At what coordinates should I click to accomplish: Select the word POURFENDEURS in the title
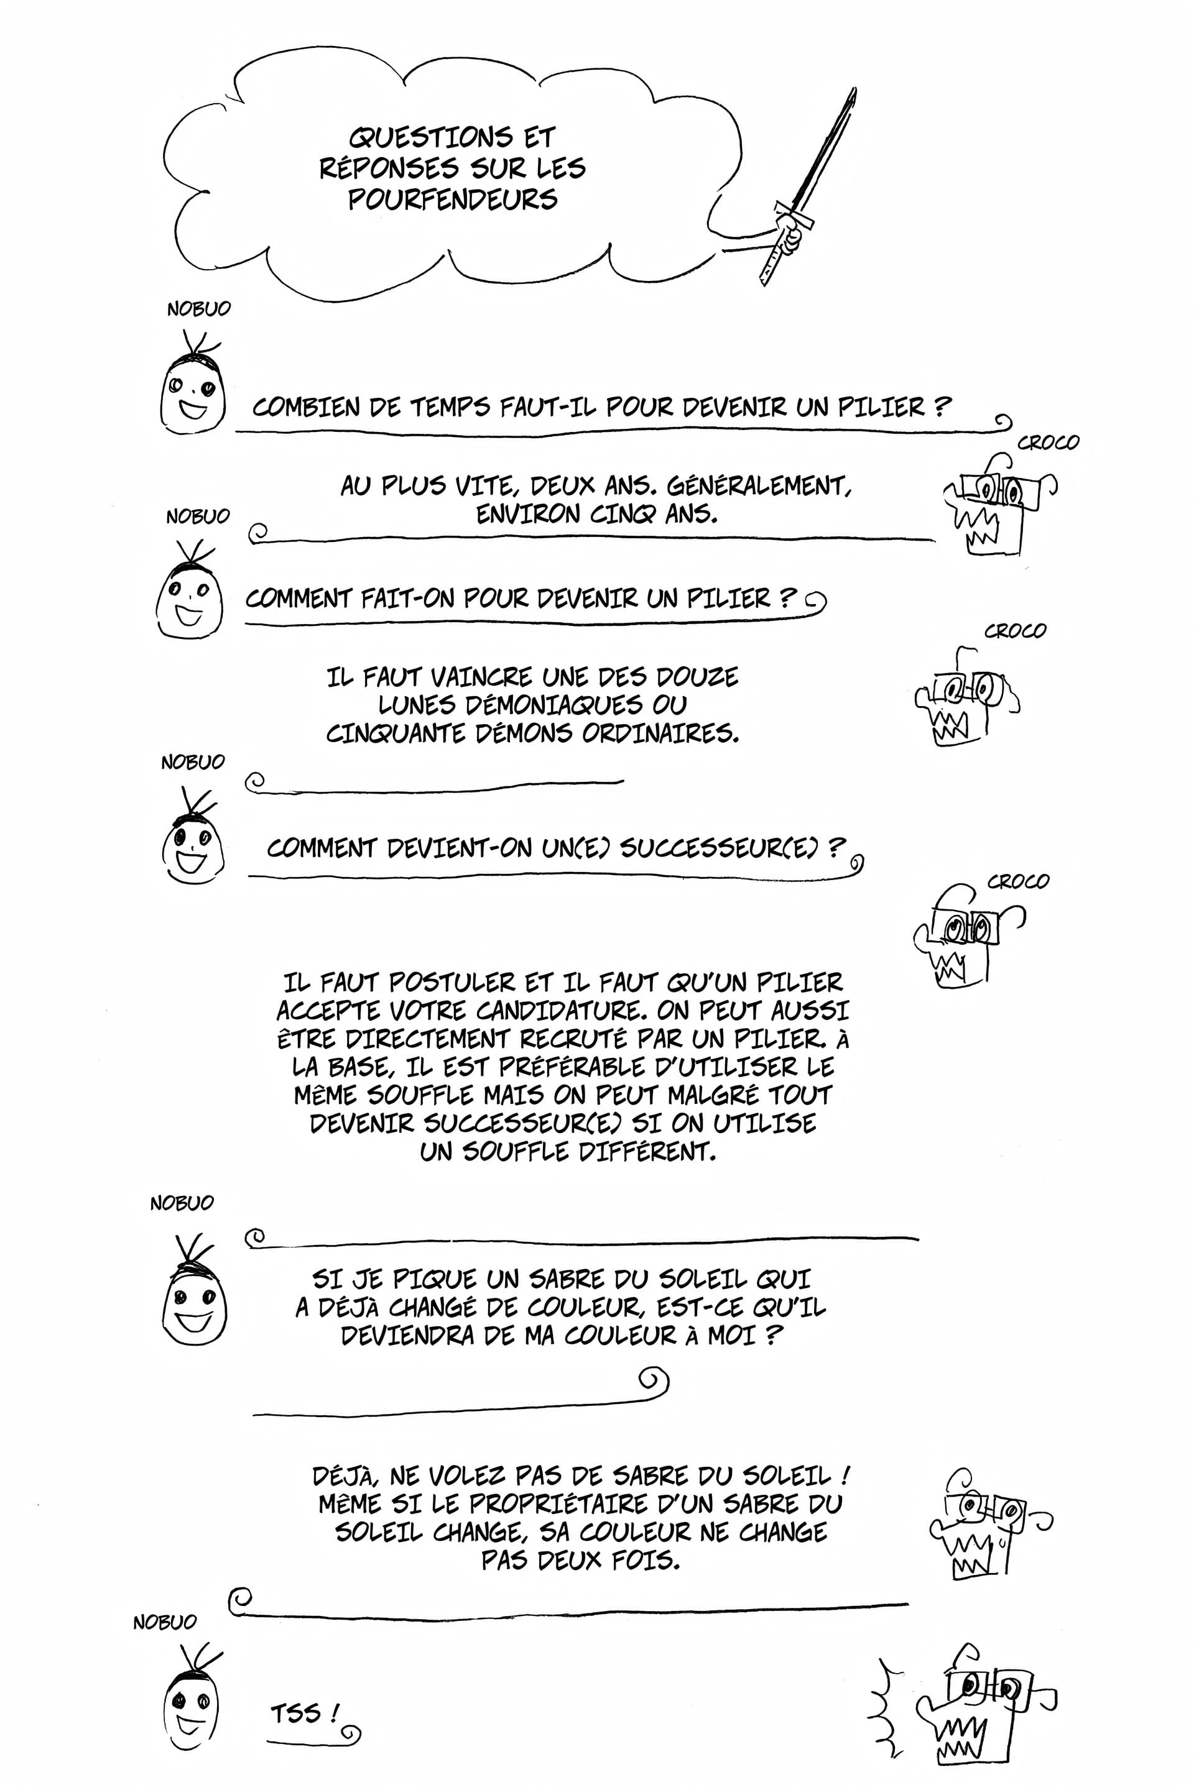click(453, 200)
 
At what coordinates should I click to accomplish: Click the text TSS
click(296, 1714)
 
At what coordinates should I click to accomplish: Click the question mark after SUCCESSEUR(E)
click(835, 847)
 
